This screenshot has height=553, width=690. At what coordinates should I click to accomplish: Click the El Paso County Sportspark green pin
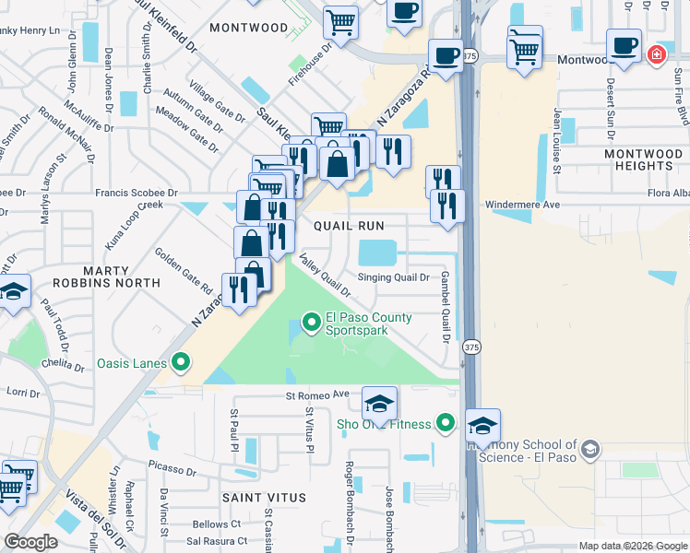pos(312,322)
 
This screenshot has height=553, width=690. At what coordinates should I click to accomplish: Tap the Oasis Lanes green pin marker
pos(180,362)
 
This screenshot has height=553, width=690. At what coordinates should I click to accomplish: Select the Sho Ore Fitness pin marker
pos(446,423)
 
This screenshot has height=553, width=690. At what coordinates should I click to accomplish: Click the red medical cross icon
pos(656,54)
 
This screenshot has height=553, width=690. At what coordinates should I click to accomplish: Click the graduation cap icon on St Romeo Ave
pos(378,404)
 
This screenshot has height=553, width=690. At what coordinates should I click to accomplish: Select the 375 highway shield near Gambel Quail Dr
pos(471,347)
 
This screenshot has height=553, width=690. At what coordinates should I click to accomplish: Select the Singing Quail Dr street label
pos(393,276)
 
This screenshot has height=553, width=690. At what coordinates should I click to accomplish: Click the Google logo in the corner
pos(30,541)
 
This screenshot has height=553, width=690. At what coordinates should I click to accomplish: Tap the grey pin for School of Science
pos(589,450)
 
